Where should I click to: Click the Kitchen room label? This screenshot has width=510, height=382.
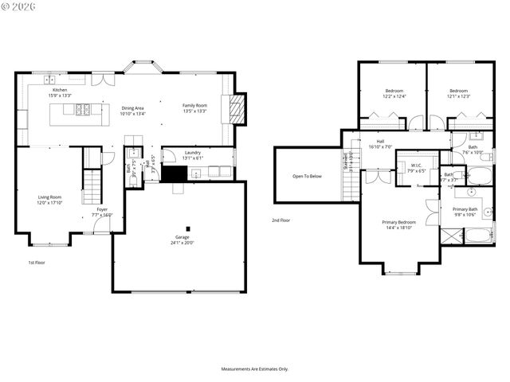pyautogui.click(x=60, y=90)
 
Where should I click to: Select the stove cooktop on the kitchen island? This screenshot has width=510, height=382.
pyautogui.click(x=83, y=110)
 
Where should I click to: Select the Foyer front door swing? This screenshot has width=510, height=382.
pyautogui.click(x=101, y=225)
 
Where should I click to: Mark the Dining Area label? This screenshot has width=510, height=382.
pyautogui.click(x=132, y=108)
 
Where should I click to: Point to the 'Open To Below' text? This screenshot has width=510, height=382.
pyautogui.click(x=307, y=176)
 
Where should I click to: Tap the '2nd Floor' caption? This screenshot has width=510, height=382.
pyautogui.click(x=280, y=220)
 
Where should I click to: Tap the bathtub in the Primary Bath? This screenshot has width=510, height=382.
pyautogui.click(x=478, y=236)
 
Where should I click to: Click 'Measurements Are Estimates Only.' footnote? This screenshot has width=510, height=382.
pyautogui.click(x=254, y=368)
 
